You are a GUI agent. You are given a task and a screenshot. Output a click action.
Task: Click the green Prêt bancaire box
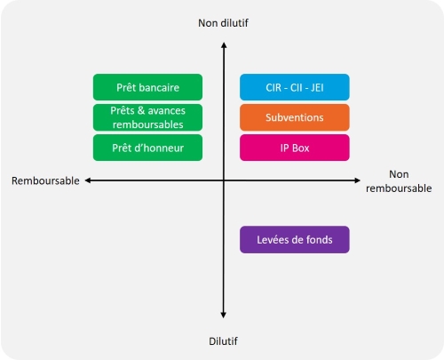click(147, 87)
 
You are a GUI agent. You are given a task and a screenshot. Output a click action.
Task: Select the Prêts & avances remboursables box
click(147, 117)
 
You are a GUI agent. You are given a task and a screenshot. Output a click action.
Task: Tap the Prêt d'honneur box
click(147, 148)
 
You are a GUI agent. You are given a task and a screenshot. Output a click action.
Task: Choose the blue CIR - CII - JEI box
click(295, 87)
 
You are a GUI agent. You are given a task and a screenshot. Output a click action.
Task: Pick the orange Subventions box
click(295, 117)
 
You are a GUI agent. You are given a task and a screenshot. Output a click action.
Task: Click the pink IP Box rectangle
click(295, 148)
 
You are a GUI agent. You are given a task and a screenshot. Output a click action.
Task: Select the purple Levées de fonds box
click(295, 239)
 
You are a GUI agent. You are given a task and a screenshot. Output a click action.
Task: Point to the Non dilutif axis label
click(223, 23)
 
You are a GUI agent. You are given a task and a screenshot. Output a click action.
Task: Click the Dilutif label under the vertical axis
click(223, 341)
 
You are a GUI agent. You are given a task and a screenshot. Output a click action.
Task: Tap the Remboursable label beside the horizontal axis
click(45, 180)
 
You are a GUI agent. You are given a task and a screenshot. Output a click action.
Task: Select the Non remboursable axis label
click(399, 181)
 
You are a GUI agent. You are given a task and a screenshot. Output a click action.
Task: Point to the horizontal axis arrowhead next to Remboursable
click(86, 180)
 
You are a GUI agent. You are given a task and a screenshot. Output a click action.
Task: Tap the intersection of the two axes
click(224, 180)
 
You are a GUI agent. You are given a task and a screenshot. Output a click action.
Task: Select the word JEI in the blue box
click(317, 87)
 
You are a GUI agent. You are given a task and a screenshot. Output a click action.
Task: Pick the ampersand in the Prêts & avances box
click(141, 110)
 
